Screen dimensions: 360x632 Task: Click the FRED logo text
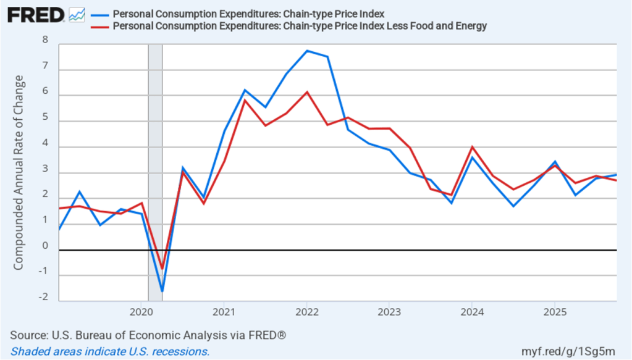click(36, 15)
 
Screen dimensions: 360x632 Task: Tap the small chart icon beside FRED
click(77, 15)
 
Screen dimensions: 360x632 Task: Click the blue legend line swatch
click(99, 14)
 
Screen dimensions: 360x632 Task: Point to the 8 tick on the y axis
click(44, 40)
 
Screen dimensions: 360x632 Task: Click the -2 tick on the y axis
click(43, 297)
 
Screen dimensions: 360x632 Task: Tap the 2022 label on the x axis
click(306, 311)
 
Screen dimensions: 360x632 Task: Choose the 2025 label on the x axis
click(554, 311)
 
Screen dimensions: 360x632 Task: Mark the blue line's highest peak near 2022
click(307, 51)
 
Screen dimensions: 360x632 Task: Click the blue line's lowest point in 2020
click(162, 291)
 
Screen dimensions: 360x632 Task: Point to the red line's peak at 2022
click(307, 92)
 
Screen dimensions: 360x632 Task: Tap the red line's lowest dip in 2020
click(162, 269)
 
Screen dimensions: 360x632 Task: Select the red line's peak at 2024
click(472, 147)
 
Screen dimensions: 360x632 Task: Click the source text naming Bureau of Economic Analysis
click(148, 335)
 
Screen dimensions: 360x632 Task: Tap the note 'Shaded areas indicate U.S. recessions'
click(111, 351)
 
